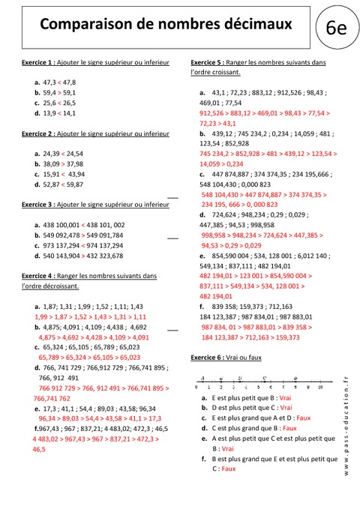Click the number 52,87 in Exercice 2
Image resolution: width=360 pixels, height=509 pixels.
click(x=52, y=184)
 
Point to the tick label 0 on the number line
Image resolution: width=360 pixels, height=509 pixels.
click(x=196, y=388)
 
